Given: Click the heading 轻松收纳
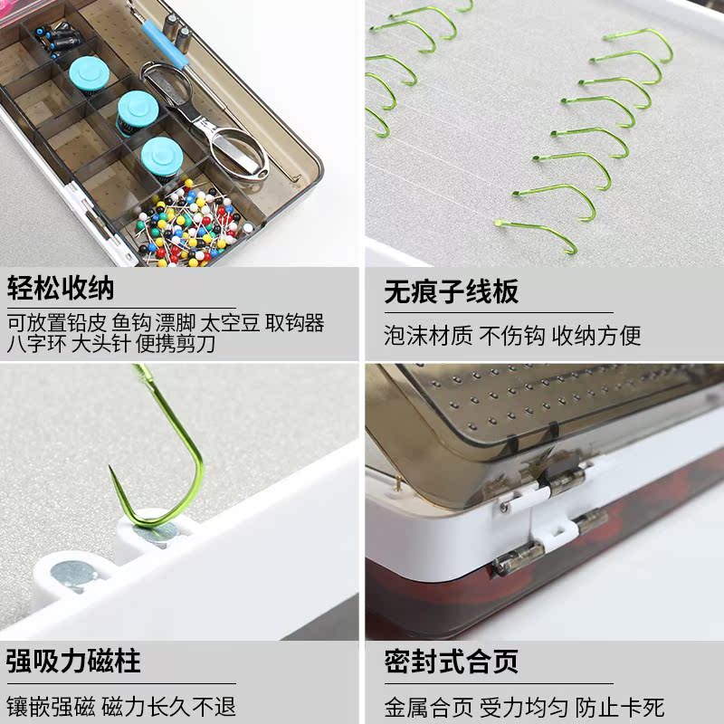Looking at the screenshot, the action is click(x=61, y=289).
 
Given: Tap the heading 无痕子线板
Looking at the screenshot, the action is click(x=451, y=291).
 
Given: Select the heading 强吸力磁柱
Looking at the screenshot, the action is click(x=73, y=661).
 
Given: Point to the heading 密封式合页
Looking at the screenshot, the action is click(x=451, y=661).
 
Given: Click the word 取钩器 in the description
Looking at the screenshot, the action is click(x=295, y=323).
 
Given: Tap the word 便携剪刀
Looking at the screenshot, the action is click(x=176, y=344).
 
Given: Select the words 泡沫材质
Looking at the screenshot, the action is click(x=428, y=335).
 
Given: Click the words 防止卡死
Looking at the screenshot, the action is click(x=620, y=707).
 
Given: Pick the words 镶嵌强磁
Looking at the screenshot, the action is click(x=51, y=707).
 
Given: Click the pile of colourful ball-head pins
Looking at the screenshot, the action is click(x=190, y=224).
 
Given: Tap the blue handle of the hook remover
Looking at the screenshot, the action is click(x=164, y=43).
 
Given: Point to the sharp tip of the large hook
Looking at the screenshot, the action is click(x=110, y=467).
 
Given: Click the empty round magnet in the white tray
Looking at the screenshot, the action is click(x=73, y=576).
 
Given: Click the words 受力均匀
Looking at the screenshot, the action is click(x=524, y=707).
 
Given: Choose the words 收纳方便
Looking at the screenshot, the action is click(x=596, y=335).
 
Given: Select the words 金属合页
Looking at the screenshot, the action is click(x=428, y=707).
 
